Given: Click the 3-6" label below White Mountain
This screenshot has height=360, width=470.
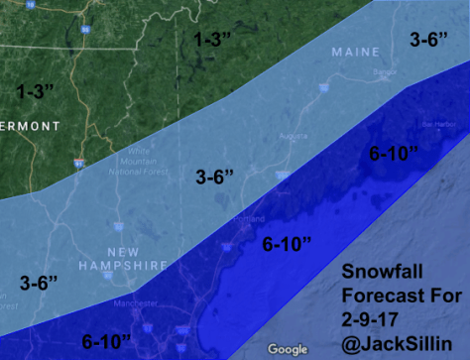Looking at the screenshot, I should click(x=214, y=178).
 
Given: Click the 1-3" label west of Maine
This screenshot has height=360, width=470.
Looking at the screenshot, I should click(x=213, y=41).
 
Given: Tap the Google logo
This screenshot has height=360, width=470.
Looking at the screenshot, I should click(x=288, y=349).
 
